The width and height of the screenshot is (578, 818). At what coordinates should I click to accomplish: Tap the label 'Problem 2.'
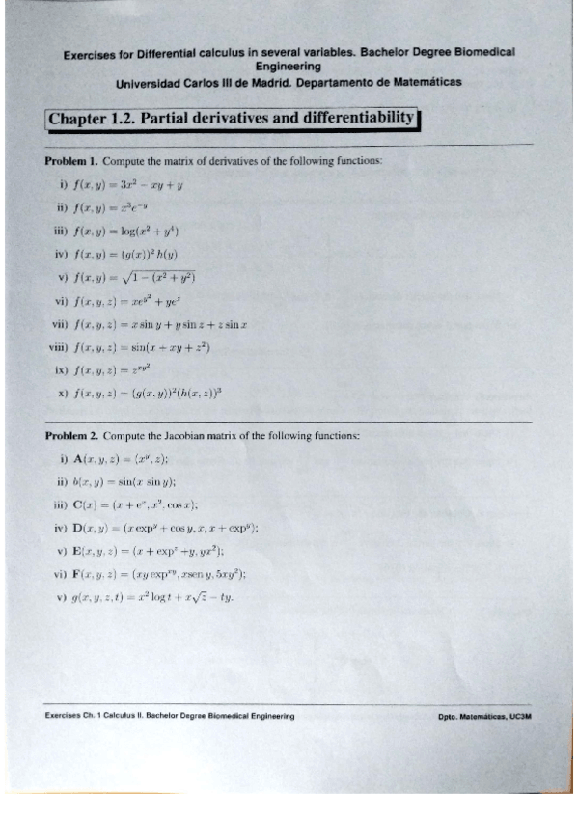point(71,436)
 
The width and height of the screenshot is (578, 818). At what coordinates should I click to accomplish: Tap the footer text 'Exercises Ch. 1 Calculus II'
point(170,717)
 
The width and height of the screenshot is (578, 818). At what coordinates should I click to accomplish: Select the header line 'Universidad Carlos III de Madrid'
point(289,82)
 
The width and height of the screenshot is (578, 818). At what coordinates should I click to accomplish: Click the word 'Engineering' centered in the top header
point(289,67)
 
